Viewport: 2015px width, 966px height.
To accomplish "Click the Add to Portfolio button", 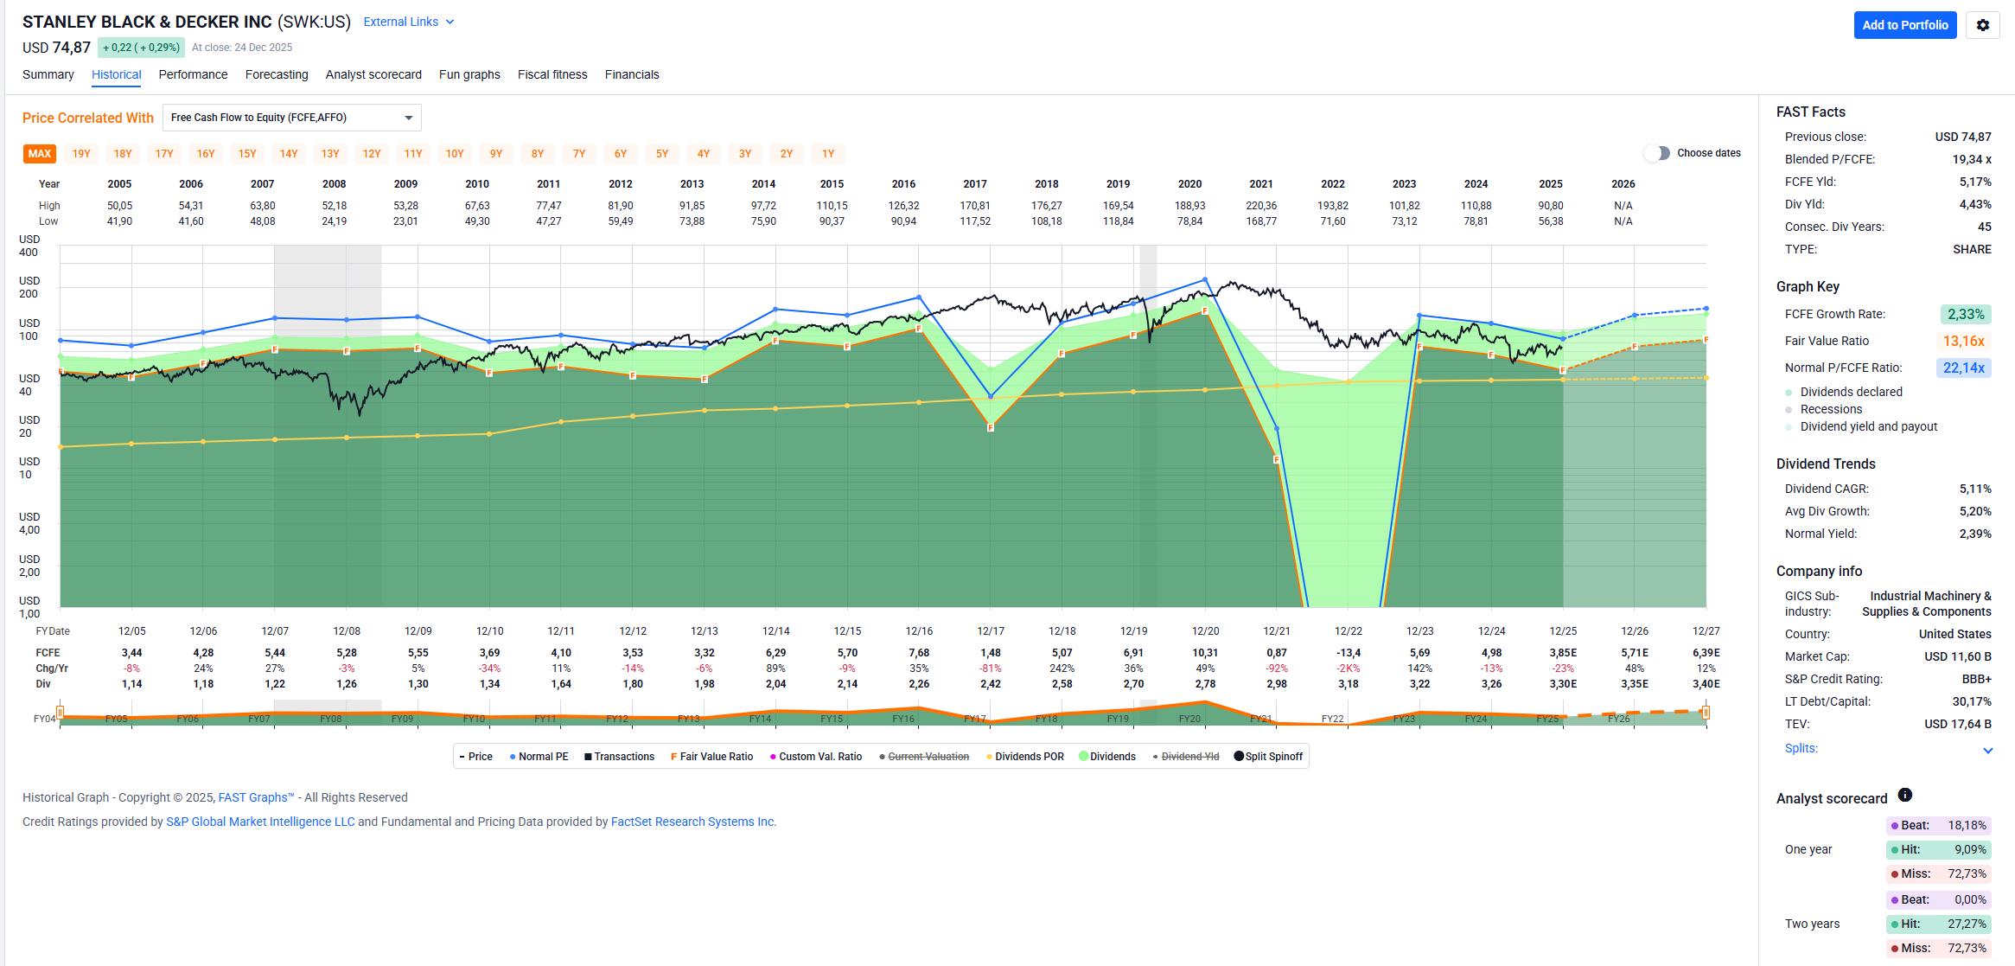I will point(1904,25).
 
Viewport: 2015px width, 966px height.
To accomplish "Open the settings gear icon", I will point(1983,25).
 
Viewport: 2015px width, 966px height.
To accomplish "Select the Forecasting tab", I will point(277,74).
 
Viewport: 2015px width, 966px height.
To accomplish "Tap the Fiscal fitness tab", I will point(552,74).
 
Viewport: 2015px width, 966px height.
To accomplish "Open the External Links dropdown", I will point(408,22).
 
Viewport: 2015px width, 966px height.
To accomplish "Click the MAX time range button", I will point(40,154).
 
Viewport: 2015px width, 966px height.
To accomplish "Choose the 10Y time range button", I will point(455,154).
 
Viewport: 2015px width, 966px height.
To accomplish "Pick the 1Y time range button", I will point(828,154).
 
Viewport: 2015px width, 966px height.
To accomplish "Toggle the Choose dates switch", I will point(1657,153).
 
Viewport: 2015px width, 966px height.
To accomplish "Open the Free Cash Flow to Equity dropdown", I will point(291,118).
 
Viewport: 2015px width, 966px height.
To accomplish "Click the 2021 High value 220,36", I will point(1261,206).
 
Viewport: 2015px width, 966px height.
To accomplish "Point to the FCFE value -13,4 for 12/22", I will point(1349,653).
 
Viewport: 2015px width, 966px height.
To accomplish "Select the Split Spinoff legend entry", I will point(1268,757).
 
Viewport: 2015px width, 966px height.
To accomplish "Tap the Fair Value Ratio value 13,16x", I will point(1963,341).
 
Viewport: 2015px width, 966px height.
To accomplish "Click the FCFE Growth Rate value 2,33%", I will point(1965,314).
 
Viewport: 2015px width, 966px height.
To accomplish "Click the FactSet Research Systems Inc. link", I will point(693,822).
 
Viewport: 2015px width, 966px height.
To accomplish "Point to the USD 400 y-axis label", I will point(29,246).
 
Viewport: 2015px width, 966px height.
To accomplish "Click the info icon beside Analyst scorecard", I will point(1905,796).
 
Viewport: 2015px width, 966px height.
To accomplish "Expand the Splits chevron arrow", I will point(1987,750).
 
